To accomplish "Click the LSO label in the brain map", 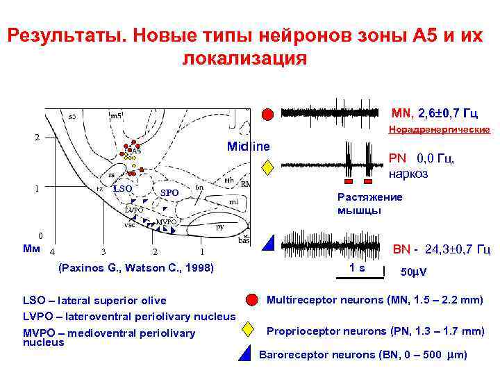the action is coord(122,188).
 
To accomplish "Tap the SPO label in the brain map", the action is coord(169,192).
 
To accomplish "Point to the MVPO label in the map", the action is coord(166,222).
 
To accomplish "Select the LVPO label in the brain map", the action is coord(134,209).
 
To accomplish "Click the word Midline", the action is coord(248,147).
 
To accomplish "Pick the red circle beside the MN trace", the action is coord(267,114).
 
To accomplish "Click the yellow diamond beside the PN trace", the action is coord(267,167).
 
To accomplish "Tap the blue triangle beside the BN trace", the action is coord(267,242).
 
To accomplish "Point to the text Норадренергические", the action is coord(439,130).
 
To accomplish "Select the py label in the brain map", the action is coord(220,226).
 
